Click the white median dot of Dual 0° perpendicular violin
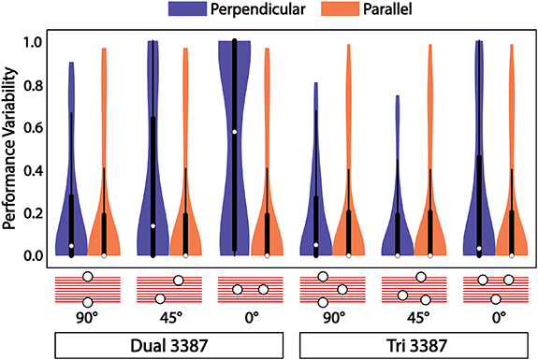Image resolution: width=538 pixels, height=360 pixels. click(234, 132)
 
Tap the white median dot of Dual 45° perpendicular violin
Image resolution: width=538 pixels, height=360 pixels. click(153, 225)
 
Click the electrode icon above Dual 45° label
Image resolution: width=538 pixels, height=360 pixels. click(168, 289)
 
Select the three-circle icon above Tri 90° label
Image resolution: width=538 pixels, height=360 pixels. click(331, 289)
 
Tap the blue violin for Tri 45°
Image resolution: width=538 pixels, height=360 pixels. click(398, 224)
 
